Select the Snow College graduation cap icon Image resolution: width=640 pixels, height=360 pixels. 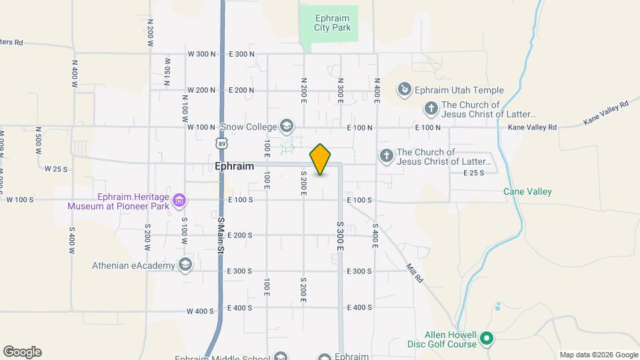[286, 126]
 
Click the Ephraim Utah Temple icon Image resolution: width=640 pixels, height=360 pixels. [403, 89]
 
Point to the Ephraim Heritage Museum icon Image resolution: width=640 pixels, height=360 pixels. [179, 200]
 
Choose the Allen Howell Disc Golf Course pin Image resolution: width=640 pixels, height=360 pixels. [487, 339]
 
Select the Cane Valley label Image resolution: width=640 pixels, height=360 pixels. [527, 192]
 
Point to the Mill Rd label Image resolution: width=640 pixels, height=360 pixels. [415, 271]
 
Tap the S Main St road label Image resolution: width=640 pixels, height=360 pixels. [221, 235]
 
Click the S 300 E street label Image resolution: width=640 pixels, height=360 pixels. [339, 237]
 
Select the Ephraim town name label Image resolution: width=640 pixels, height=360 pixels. [235, 166]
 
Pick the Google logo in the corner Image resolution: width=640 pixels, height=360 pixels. [22, 352]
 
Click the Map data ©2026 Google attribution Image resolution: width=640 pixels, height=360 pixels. [599, 355]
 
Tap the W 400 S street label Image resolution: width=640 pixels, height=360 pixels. [200, 311]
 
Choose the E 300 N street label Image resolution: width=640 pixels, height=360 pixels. [241, 54]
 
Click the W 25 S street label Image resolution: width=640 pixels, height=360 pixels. [56, 169]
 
